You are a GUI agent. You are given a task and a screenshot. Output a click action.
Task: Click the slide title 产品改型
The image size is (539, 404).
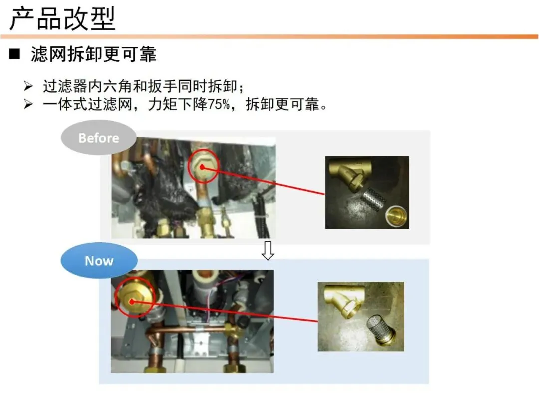click(62, 19)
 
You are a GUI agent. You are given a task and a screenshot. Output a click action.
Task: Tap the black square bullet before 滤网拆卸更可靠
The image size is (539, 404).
click(15, 54)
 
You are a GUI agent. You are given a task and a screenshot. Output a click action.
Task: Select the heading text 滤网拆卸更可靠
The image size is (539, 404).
click(94, 54)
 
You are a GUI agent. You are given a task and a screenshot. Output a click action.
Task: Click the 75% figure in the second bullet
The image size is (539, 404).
click(218, 104)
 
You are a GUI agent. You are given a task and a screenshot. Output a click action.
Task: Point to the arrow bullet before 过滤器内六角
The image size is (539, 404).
click(28, 86)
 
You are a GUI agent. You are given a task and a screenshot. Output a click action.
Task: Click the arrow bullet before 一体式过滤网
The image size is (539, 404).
click(28, 104)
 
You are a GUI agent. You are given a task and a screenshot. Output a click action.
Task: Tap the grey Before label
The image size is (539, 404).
click(99, 138)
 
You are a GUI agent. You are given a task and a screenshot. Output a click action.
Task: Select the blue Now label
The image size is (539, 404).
click(99, 261)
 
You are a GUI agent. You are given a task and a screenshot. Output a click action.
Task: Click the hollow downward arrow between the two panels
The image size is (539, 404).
click(268, 250)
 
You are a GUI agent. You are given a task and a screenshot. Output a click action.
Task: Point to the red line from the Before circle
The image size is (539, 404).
click(264, 181)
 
